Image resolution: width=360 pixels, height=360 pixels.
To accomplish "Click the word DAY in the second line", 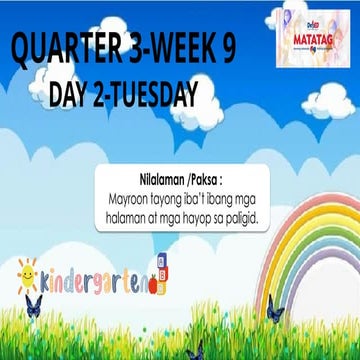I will [71, 95].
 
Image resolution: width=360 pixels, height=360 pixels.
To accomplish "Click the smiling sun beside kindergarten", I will [27, 271].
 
